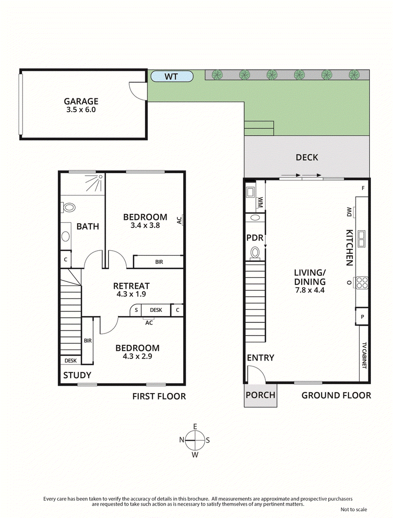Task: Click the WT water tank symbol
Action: click(x=171, y=76)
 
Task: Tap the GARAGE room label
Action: click(x=83, y=101)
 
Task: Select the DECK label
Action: click(x=307, y=157)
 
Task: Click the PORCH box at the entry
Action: click(x=260, y=395)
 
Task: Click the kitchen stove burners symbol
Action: click(x=362, y=282)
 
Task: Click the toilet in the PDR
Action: click(x=255, y=253)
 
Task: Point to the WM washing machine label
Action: click(x=260, y=202)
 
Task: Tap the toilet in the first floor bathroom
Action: click(x=68, y=208)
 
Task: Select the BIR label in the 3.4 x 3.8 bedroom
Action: click(x=159, y=262)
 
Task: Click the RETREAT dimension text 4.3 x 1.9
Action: click(x=131, y=294)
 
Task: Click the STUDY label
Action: click(x=77, y=375)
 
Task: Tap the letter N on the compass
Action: click(x=182, y=440)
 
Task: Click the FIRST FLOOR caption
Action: click(x=159, y=396)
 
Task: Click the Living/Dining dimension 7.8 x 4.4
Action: click(x=309, y=290)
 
